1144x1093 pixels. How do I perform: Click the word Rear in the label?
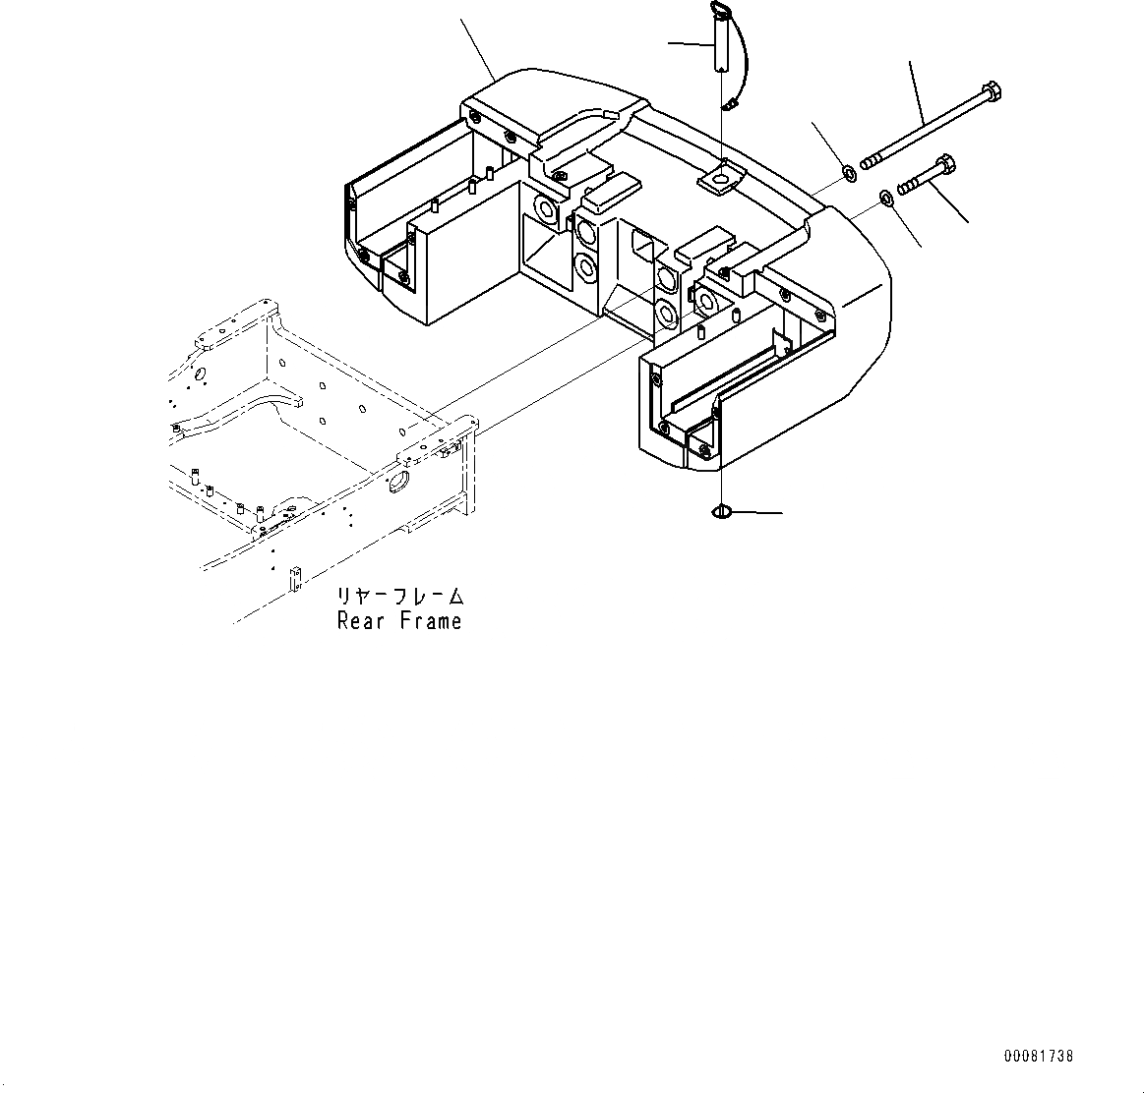[x=362, y=621]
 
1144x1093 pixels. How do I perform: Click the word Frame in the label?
[x=431, y=621]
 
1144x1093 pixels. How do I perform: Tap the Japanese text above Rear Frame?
[x=399, y=597]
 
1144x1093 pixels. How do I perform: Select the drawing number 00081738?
[x=1039, y=1057]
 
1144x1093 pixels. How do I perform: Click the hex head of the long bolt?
[x=991, y=94]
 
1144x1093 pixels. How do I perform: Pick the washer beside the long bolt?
[x=849, y=175]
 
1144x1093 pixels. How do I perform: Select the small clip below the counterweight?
[x=720, y=512]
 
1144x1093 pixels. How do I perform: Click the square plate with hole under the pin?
[x=721, y=178]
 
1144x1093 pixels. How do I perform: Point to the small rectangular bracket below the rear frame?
[x=293, y=579]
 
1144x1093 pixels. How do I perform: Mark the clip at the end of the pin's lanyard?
[x=732, y=102]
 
